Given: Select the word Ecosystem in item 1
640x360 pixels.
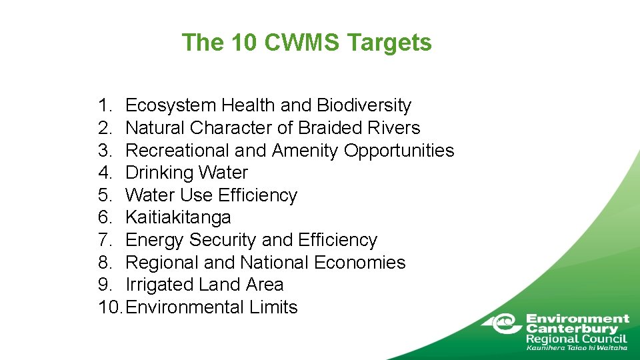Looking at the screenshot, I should (171, 105).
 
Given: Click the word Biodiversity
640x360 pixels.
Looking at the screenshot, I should (364, 105).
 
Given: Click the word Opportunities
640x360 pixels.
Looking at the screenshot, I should (399, 151).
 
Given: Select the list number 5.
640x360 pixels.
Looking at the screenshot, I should (105, 195).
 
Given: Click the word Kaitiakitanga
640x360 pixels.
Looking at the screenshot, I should (178, 217).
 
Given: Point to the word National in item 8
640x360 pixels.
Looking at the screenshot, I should (275, 263).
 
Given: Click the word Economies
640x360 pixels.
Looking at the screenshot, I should (360, 263).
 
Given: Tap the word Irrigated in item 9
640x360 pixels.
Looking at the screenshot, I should (159, 285).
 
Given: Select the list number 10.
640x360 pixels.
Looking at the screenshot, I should (110, 307).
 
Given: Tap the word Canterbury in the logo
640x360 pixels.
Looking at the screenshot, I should (572, 329).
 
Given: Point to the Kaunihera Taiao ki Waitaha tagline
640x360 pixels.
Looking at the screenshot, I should (577, 347).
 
